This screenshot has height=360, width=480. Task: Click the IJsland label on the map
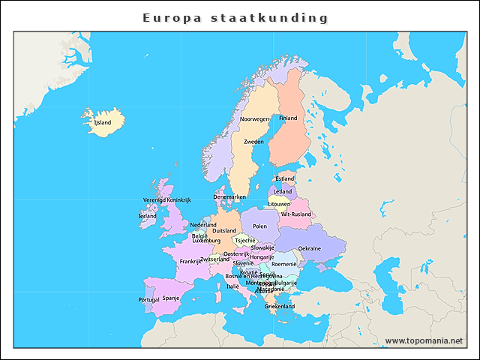coord(102,122)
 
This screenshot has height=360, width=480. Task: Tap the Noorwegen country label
coord(254,119)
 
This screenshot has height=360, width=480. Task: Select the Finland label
coord(288,118)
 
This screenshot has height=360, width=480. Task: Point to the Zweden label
coord(253,141)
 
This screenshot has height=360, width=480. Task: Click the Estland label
coord(285,178)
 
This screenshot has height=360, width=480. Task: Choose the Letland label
coord(283,191)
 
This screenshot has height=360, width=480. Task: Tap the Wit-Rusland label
coord(295,214)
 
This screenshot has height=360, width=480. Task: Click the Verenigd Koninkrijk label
coord(167,200)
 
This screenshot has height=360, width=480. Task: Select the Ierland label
coord(147,216)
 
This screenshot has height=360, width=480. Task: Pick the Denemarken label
coord(229,197)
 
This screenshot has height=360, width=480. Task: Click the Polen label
coord(259,226)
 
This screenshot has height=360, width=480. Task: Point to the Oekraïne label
coord(310,248)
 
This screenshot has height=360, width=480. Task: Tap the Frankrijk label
coord(190,262)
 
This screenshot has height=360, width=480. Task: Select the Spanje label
coord(171,297)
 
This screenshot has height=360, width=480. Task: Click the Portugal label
coord(148,299)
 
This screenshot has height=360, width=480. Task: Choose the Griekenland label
coord(279,306)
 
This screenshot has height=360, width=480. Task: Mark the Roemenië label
coord(283,264)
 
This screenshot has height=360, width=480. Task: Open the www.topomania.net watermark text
coord(424,340)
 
